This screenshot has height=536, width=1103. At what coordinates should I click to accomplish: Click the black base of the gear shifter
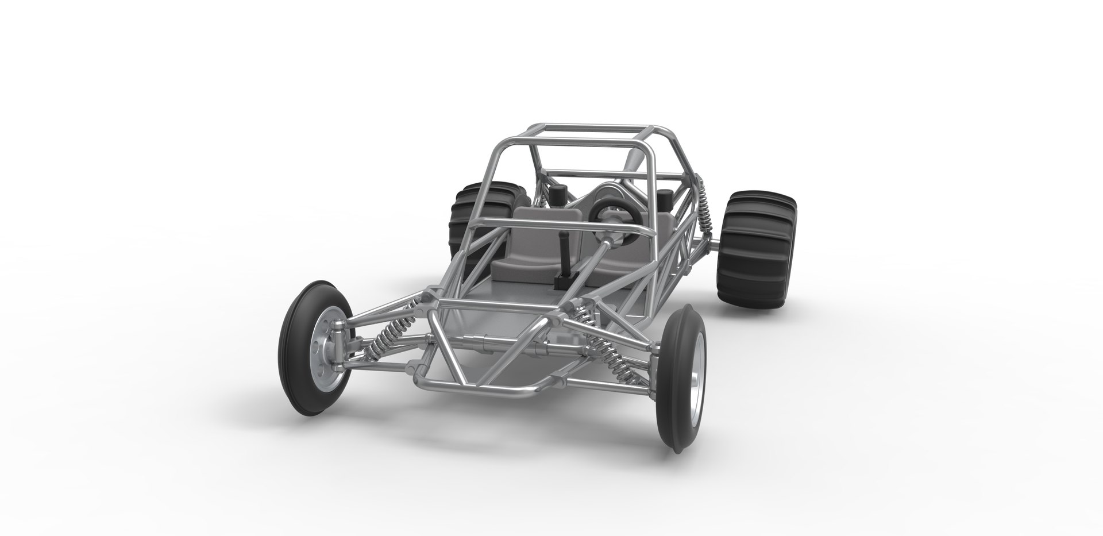point(563,282)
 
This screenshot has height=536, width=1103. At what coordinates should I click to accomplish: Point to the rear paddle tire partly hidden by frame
point(468,215)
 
